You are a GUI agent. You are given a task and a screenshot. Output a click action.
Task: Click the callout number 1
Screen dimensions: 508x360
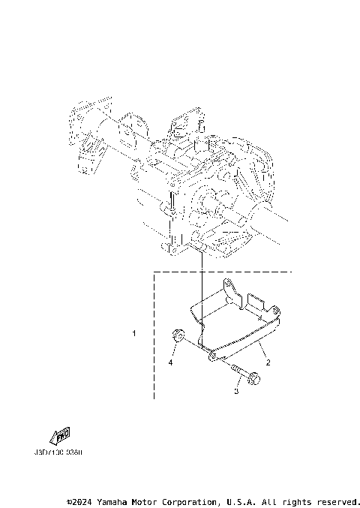coord(133,332)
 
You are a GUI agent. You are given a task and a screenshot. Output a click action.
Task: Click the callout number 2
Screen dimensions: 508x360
coord(267,361)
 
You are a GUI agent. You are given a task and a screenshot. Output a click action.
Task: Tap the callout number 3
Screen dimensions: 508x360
coord(236,390)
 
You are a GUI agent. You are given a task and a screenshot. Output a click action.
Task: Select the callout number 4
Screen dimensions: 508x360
coord(170,362)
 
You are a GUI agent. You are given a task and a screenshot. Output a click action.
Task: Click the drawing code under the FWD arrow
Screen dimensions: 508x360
coord(58,453)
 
